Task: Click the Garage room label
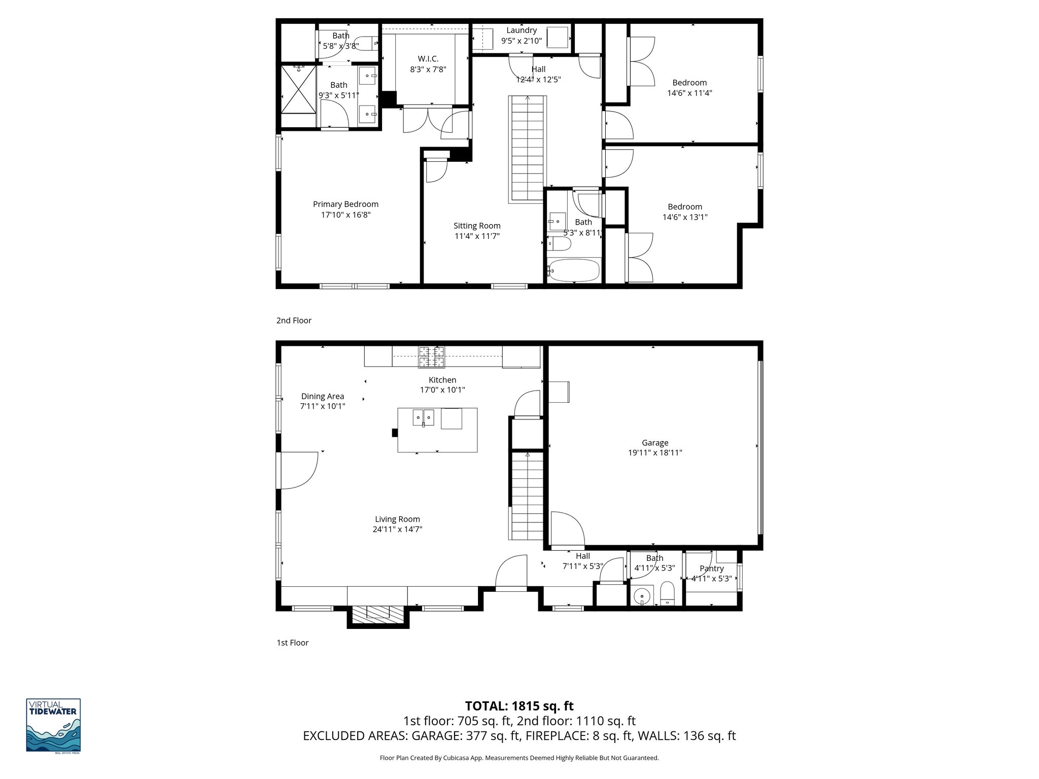coord(654,443)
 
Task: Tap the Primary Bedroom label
coord(345,204)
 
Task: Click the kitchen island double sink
coord(423,418)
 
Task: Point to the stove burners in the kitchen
coord(431,357)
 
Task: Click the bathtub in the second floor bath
coord(574,270)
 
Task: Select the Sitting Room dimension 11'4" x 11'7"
coord(477,236)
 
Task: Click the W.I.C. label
coord(428,59)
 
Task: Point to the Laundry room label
coord(521,30)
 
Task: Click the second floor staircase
coord(528,150)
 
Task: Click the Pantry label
coord(711,569)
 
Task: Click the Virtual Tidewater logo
coord(53,726)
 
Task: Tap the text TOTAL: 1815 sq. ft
coord(519,706)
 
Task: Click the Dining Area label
coord(323,397)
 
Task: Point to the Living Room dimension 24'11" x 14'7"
coord(397,529)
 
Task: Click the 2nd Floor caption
coord(294,321)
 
